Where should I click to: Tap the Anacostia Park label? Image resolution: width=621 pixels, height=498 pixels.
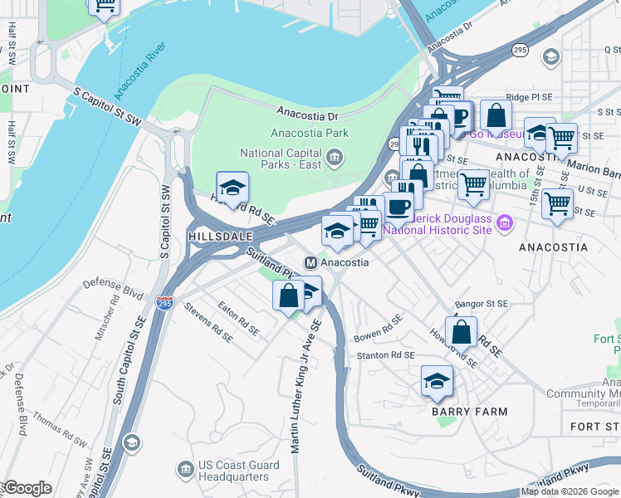click(x=310, y=133)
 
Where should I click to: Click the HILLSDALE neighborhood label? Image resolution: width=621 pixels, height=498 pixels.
click(x=220, y=237)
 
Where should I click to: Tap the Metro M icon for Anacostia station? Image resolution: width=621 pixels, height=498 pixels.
click(x=310, y=262)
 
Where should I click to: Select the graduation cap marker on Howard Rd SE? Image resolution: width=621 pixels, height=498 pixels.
click(x=232, y=188)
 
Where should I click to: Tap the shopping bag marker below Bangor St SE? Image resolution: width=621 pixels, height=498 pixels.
click(x=460, y=332)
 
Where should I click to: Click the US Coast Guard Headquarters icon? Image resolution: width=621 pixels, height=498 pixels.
click(x=183, y=471)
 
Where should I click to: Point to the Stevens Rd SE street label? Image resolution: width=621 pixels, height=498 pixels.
click(x=208, y=325)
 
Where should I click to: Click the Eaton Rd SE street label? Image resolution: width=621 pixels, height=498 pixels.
click(x=237, y=318)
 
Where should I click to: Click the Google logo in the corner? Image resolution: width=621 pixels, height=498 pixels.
click(x=27, y=488)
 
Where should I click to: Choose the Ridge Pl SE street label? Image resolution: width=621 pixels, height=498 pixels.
click(x=529, y=97)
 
